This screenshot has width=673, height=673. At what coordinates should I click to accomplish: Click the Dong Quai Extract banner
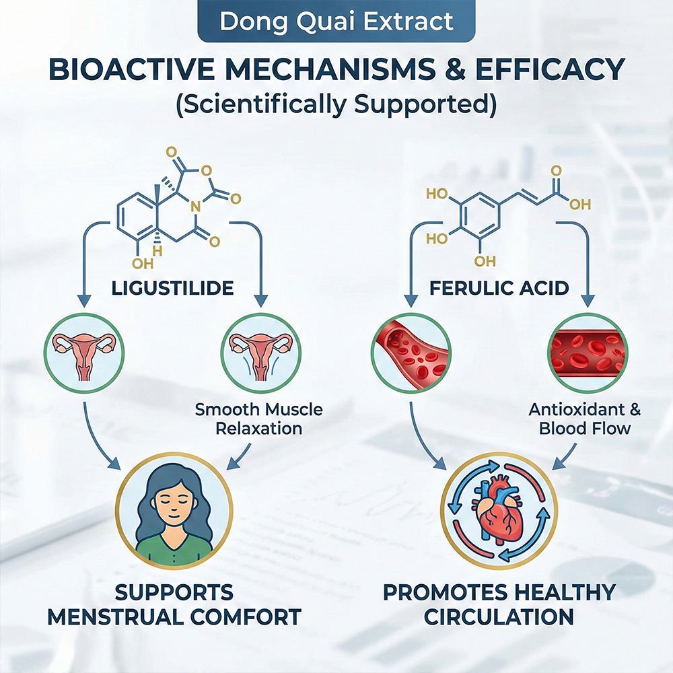click(336, 21)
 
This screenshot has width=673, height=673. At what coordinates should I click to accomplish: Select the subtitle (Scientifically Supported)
click(336, 104)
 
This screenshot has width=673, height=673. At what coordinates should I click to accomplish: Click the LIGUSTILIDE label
click(172, 288)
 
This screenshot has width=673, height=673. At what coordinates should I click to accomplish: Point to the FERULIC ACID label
click(499, 288)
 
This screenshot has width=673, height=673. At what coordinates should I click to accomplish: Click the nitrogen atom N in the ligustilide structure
click(195, 207)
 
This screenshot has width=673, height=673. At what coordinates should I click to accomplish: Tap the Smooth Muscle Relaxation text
click(259, 419)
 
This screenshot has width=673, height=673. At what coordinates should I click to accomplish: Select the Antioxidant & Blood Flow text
click(585, 419)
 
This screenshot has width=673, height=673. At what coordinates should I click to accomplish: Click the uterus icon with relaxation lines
click(260, 353)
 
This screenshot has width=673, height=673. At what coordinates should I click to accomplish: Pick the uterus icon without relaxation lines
click(83, 353)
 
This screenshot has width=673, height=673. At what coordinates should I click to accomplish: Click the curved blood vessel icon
click(411, 353)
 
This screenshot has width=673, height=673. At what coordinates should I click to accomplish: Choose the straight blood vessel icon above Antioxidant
click(588, 353)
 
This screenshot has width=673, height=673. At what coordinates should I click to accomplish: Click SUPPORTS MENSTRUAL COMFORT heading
click(174, 605)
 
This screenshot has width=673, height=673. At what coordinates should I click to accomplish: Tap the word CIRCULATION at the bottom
click(499, 617)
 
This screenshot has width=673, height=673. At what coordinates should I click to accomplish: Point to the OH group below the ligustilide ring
click(143, 262)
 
